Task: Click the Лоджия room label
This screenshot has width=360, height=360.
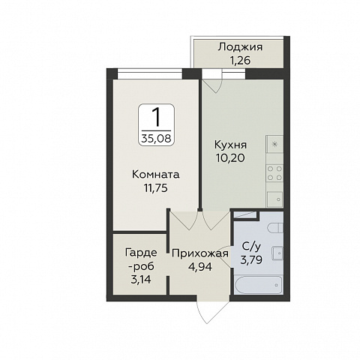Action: click(240, 47)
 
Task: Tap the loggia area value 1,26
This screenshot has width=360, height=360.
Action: click(240, 61)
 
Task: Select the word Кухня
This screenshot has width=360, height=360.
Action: click(230, 145)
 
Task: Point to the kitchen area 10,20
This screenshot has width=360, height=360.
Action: click(230, 158)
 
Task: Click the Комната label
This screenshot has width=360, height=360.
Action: click(155, 175)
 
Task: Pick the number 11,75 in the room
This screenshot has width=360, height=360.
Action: click(155, 188)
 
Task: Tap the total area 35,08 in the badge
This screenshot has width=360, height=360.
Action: click(156, 138)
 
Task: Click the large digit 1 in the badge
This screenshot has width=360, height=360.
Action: click(157, 117)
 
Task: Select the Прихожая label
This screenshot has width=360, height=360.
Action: click(200, 253)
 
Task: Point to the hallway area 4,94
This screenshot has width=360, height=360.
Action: click(200, 267)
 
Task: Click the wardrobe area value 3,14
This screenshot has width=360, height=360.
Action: click(141, 279)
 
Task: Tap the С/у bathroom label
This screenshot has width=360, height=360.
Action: click(251, 247)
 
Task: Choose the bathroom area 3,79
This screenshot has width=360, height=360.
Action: click(251, 260)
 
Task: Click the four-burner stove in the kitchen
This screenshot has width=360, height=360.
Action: click(274, 173)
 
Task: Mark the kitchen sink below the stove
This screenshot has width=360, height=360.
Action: click(274, 199)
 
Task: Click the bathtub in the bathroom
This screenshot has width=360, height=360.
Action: click(259, 285)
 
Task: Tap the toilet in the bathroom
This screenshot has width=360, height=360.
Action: click(275, 228)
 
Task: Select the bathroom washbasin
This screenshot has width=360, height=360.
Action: click(277, 253)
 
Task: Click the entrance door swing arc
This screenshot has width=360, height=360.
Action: click(212, 312)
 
